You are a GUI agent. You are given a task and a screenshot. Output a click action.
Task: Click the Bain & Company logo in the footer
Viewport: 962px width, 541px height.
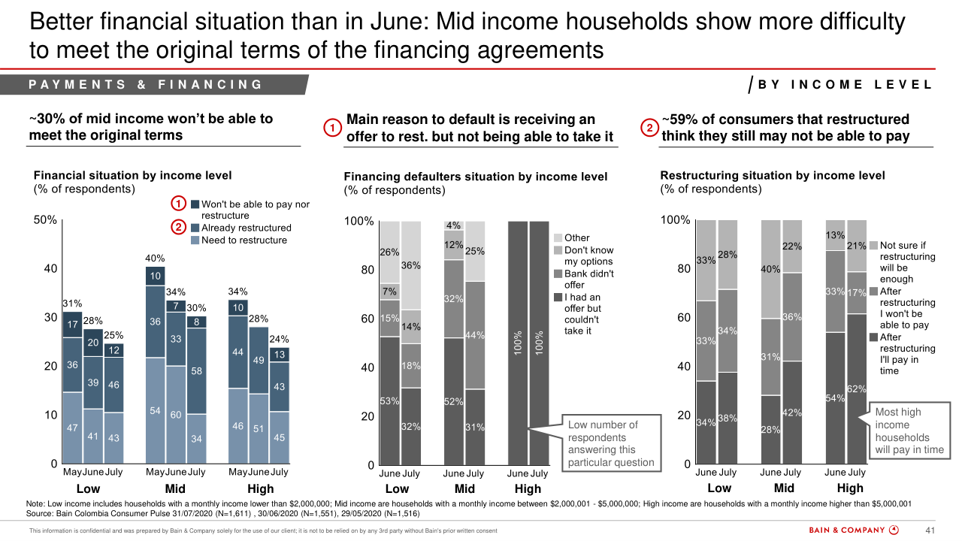point(853,530)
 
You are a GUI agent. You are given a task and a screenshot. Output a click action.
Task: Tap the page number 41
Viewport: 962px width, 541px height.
point(929,530)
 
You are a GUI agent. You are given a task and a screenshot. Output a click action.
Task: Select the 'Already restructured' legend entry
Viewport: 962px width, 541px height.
point(246,228)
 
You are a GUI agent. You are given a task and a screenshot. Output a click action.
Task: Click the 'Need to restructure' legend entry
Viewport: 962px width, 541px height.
point(244,240)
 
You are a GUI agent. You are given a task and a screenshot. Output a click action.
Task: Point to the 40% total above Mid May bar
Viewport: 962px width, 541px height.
point(155,258)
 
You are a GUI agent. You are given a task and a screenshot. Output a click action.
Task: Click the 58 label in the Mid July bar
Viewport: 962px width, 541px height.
point(196,371)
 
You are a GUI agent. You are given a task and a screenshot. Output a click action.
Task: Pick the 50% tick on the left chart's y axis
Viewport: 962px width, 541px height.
point(46,220)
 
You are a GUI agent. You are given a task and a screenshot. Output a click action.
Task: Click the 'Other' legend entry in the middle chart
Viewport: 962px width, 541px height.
point(576,238)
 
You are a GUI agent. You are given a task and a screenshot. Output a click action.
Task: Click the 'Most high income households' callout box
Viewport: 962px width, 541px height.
point(909,431)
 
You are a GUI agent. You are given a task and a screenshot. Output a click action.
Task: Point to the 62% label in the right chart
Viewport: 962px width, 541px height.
point(858,389)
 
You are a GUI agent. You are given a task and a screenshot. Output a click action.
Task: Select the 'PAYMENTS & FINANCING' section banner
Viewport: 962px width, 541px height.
point(146,85)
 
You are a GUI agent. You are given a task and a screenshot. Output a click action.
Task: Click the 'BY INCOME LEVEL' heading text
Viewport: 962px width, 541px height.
point(845,85)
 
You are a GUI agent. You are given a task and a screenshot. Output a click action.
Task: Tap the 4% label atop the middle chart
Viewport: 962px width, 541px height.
point(453,225)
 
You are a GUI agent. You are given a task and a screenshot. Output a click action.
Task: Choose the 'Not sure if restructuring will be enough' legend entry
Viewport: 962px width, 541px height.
point(907,262)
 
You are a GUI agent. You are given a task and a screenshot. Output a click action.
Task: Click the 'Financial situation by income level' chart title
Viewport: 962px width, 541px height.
point(133,175)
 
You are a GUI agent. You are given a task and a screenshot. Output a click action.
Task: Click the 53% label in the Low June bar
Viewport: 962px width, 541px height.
point(389,401)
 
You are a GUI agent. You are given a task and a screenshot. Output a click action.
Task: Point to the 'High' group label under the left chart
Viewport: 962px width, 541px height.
point(260,489)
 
